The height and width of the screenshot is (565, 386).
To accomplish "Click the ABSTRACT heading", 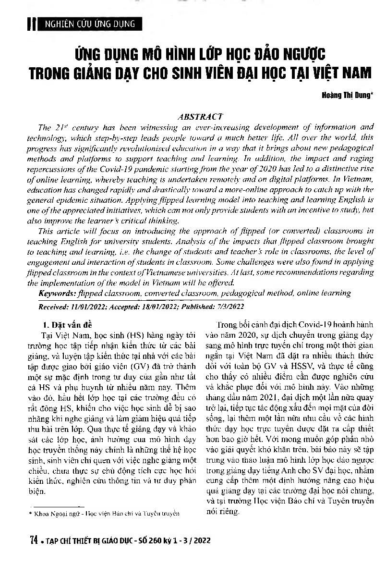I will (200, 116).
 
